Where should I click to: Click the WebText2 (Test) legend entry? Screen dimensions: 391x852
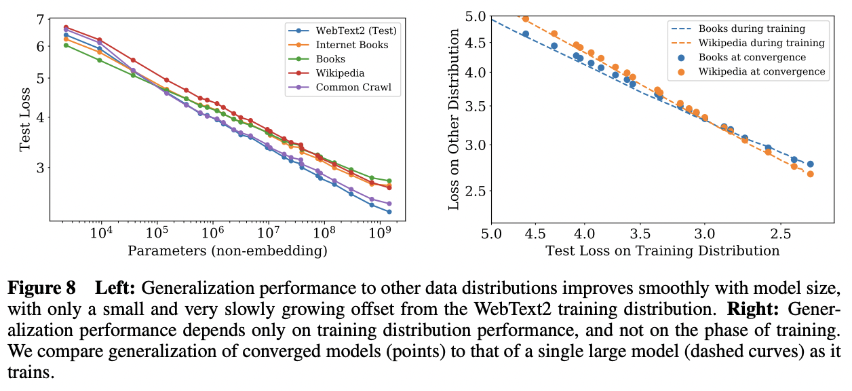(x=355, y=31)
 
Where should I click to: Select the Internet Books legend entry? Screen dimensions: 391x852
(x=351, y=45)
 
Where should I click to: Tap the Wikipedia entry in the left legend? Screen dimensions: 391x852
(x=340, y=73)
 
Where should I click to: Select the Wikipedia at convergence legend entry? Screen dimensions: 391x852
(x=762, y=71)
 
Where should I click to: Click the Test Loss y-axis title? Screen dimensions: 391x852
(x=24, y=119)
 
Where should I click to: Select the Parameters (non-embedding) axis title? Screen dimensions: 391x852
(x=227, y=252)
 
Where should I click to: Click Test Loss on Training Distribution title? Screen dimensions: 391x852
(x=662, y=251)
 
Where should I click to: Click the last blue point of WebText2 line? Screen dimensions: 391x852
(x=389, y=212)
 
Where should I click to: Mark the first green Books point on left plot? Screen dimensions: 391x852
(x=66, y=45)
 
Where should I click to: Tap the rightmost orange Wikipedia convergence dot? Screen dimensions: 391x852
(x=810, y=174)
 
